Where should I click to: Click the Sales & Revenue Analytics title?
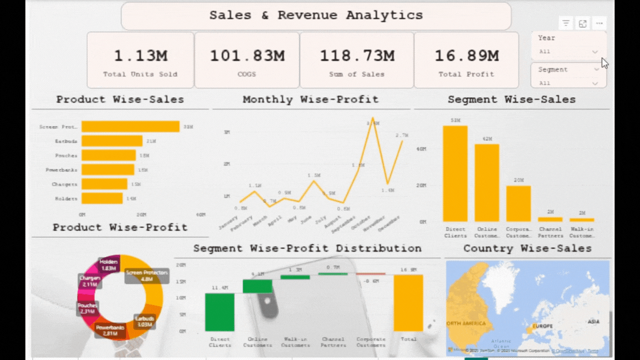coord(316,16)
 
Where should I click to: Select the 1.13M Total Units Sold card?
coord(141,60)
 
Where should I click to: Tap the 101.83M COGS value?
coord(247,56)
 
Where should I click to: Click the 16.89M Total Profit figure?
coord(466,56)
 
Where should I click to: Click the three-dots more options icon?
coord(599,23)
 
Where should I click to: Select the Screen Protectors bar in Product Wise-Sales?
coord(130,127)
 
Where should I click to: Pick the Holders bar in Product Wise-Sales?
coord(102,198)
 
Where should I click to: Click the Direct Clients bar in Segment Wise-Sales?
coord(455,174)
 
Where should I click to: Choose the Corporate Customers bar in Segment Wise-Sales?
coord(518,203)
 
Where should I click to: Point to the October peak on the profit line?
coord(373,119)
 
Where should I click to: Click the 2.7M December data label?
coord(402,135)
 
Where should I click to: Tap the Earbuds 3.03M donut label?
coord(144,322)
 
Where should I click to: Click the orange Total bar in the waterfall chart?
coord(408,303)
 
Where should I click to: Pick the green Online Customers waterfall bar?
coord(257,287)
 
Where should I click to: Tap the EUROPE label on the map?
coord(542,326)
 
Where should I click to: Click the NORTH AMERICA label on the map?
coord(466,323)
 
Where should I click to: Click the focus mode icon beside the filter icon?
coord(582,23)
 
